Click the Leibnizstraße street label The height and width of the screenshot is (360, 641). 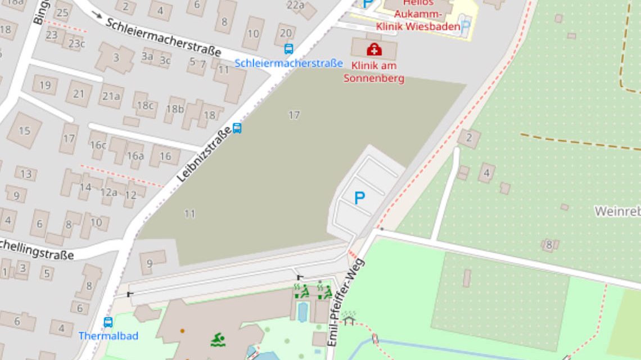click(205, 154)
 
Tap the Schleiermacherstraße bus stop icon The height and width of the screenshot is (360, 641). click(288, 49)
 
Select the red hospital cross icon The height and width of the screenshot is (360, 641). click(374, 50)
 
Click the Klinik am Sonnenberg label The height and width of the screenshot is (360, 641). click(373, 72)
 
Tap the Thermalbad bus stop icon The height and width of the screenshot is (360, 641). click(108, 322)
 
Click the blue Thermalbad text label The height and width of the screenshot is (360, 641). click(108, 336)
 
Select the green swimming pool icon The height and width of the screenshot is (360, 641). click(218, 339)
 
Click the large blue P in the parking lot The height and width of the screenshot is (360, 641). click(359, 198)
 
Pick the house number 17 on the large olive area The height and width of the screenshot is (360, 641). click(294, 115)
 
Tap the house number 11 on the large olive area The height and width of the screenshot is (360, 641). click(189, 214)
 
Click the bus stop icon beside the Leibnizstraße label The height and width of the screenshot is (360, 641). click(237, 128)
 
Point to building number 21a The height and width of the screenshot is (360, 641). click(111, 96)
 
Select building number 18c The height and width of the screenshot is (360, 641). click(145, 105)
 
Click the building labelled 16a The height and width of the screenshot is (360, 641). click(135, 156)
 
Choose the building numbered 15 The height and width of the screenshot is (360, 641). click(24, 130)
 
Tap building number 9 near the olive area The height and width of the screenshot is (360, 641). click(150, 263)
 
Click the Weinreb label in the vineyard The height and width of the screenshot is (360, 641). click(617, 211)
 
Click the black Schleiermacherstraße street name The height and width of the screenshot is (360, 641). click(164, 37)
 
